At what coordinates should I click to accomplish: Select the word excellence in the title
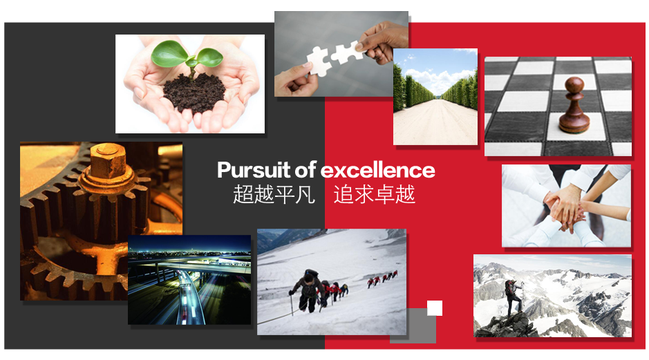378,170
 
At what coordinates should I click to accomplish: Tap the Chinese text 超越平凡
274,194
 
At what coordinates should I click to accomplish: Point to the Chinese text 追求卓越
375,194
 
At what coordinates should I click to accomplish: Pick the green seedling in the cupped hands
187,56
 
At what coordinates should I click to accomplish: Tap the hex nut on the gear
108,160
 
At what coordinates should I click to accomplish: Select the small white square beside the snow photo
435,308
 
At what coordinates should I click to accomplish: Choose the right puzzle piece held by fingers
348,52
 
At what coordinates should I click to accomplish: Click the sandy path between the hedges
435,122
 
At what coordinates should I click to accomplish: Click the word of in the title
305,170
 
